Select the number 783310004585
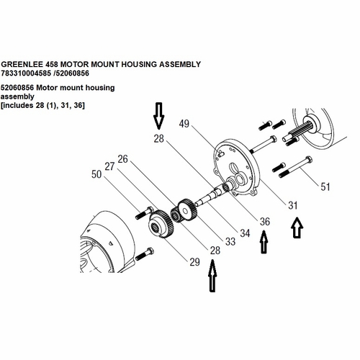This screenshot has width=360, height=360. [26, 73]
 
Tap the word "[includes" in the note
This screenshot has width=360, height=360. [17, 105]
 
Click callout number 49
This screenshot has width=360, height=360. [184, 124]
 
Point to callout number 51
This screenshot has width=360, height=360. [325, 186]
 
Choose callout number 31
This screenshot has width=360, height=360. [293, 205]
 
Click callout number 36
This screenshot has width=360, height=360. [265, 222]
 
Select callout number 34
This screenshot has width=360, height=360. [245, 233]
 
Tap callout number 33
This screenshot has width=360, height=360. [230, 242]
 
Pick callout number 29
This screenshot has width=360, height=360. [194, 262]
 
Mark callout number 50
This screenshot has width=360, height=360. [96, 174]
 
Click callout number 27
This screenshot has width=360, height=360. [109, 166]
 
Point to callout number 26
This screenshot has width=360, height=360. [123, 159]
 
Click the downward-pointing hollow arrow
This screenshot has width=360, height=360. [159, 116]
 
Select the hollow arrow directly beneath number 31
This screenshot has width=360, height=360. [297, 228]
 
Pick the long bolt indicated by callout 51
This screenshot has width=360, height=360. [295, 167]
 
